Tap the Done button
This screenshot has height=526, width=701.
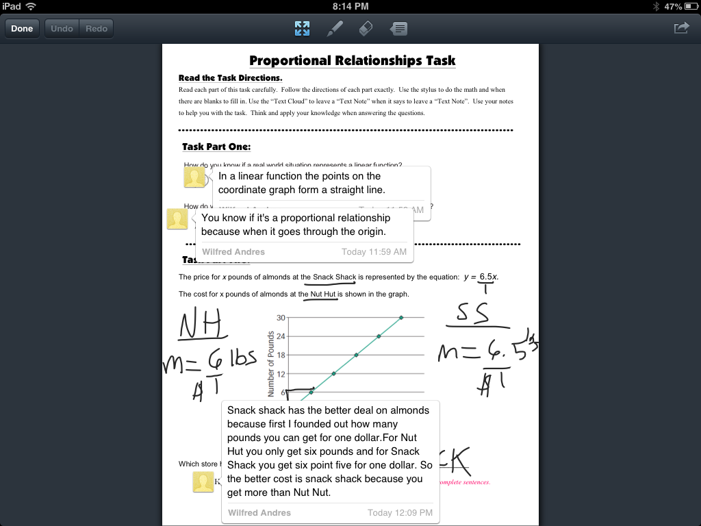[22, 29]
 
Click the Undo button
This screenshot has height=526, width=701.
[62, 29]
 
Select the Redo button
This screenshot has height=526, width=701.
[97, 29]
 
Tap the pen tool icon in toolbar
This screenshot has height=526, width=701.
[335, 29]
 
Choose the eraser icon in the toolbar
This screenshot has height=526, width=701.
[366, 29]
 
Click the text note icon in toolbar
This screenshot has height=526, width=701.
[399, 29]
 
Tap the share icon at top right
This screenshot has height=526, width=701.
[681, 28]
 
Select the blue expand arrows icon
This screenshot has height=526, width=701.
[302, 29]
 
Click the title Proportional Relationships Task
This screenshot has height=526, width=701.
[352, 61]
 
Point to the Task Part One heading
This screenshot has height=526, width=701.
[216, 147]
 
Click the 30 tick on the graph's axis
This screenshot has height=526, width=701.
[281, 318]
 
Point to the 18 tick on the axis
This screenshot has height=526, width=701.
[281, 355]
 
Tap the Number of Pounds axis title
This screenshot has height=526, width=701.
[271, 364]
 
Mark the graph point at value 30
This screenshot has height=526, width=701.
[401, 317]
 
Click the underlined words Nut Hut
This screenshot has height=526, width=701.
[323, 295]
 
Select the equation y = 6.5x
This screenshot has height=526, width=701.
[481, 277]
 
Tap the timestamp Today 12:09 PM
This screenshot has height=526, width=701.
[400, 512]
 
